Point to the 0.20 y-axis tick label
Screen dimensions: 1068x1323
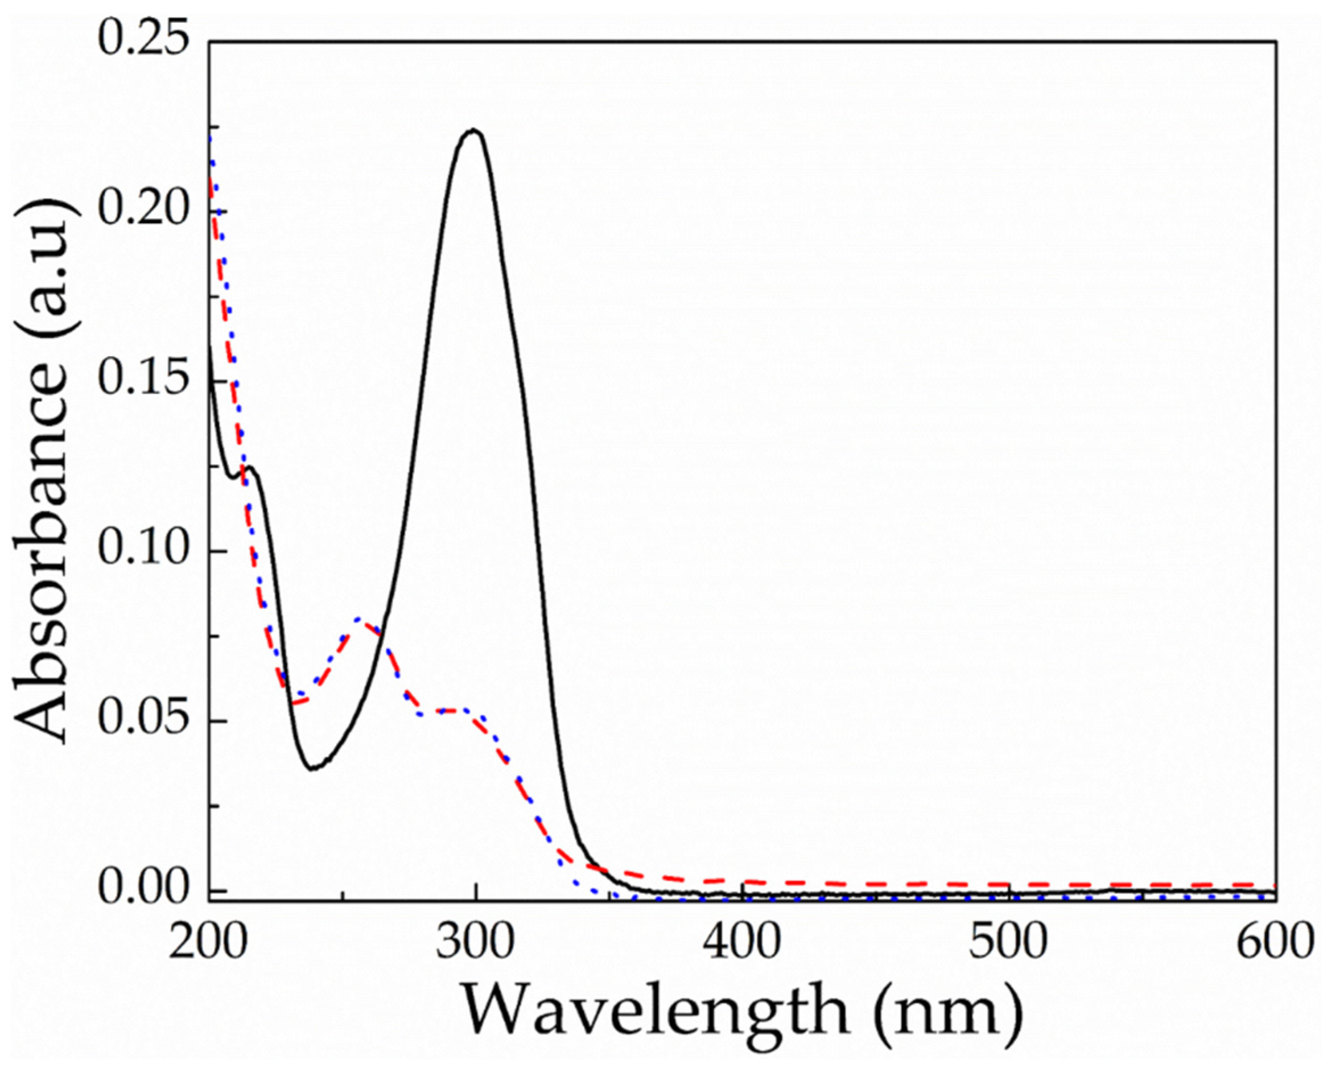click(143, 211)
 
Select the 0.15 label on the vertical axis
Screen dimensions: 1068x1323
click(143, 381)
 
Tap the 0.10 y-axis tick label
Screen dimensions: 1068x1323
click(143, 551)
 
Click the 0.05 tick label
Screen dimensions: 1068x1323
click(143, 720)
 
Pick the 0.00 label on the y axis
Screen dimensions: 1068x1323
click(143, 890)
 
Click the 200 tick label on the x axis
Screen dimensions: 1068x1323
click(208, 942)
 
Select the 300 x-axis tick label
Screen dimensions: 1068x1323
click(475, 942)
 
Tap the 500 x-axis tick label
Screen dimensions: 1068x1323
click(1008, 942)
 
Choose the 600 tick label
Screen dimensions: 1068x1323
click(1273, 942)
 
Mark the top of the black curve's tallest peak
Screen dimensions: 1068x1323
click(473, 130)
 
